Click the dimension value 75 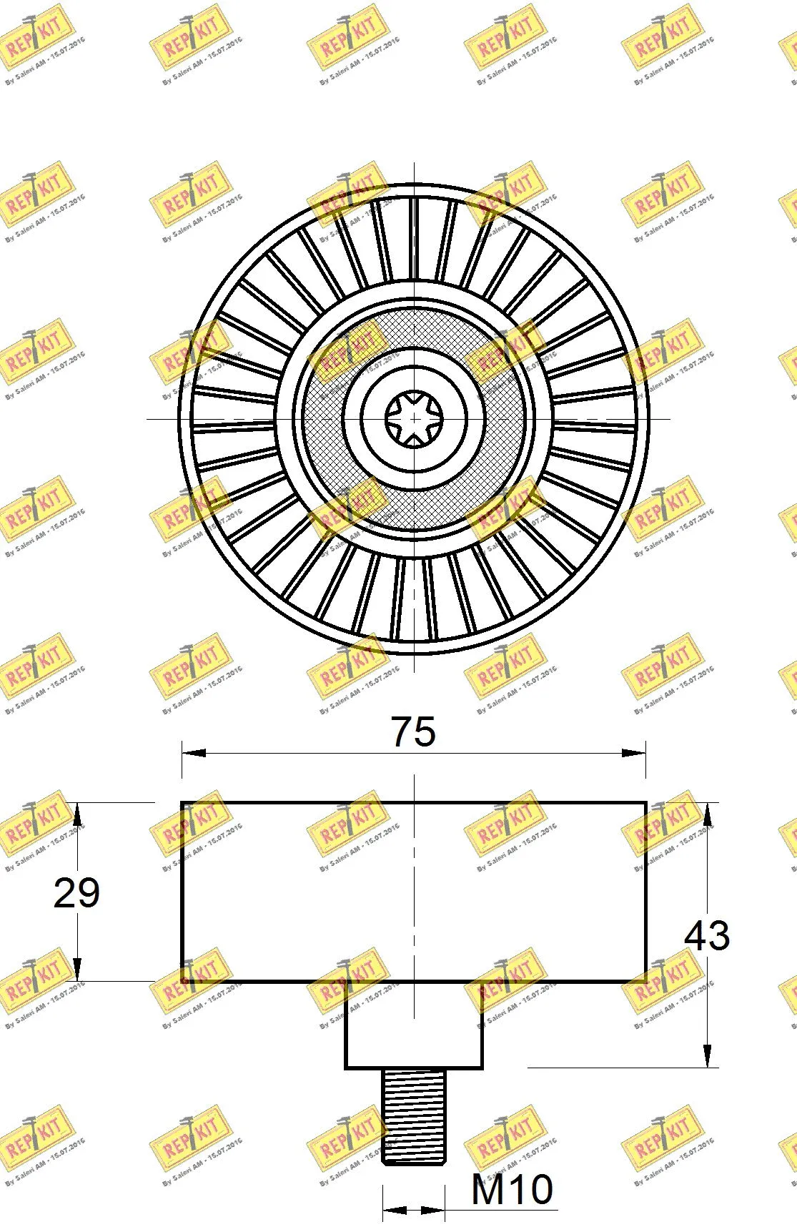tap(413, 731)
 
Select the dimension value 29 tap(76, 893)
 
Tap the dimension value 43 tap(707, 935)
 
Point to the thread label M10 tap(512, 1190)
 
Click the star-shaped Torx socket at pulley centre tap(414, 418)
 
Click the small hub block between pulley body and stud tap(414, 1025)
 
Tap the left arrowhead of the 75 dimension tap(193, 752)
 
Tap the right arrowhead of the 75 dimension tap(635, 752)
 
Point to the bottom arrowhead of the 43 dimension tap(707, 1058)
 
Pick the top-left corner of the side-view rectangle tap(182, 803)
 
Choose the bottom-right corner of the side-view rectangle tap(646, 981)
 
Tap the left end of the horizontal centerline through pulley tap(148, 418)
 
